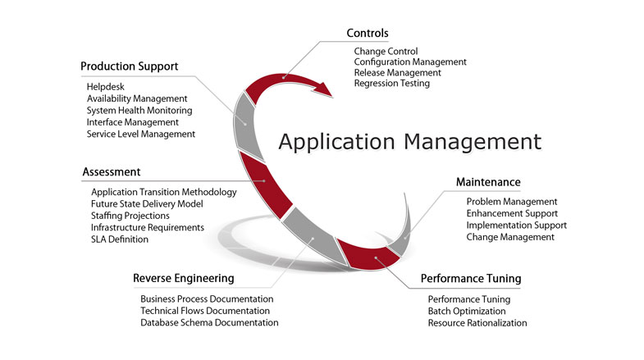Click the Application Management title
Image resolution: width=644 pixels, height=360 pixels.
[409, 141]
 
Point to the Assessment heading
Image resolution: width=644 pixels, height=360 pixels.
[112, 172]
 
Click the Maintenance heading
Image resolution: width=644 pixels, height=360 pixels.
[488, 181]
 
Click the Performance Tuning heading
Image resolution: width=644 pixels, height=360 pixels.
[471, 279]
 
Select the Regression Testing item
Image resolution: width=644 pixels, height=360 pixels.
[391, 83]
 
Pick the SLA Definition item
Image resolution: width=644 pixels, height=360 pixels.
[120, 239]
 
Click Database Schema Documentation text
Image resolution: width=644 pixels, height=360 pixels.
[209, 322]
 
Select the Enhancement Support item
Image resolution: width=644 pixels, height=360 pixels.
[512, 213]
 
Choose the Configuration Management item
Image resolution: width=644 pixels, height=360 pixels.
[410, 62]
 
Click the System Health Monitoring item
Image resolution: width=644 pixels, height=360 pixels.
[139, 110]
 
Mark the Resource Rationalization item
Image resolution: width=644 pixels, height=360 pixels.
[477, 323]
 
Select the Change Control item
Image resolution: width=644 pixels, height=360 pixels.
[386, 51]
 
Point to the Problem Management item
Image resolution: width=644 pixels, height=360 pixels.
[512, 202]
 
